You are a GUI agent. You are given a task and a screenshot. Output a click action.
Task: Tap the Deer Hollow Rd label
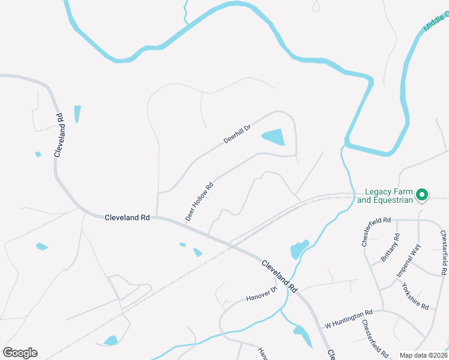coord(200,202)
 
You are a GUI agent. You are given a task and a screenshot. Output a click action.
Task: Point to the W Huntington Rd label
coord(349,319)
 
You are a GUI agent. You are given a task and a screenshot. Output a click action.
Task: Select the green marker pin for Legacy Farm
coord(421,194)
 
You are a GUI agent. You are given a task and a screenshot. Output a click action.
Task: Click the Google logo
coord(20,353)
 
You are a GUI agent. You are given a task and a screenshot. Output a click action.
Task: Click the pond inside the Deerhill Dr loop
coord(276,137)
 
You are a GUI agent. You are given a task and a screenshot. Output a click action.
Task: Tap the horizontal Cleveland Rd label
coord(127,218)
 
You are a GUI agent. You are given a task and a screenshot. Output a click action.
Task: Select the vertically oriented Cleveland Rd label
coord(58,135)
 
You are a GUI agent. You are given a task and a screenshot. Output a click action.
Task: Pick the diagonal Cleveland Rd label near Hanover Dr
coord(279,276)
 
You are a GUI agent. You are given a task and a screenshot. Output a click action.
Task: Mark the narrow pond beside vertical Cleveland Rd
coord(77,113)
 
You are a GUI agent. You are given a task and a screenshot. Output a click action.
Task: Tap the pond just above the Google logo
coord(111,340)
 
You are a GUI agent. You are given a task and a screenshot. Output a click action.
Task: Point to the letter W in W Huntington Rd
coord(328,325)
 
